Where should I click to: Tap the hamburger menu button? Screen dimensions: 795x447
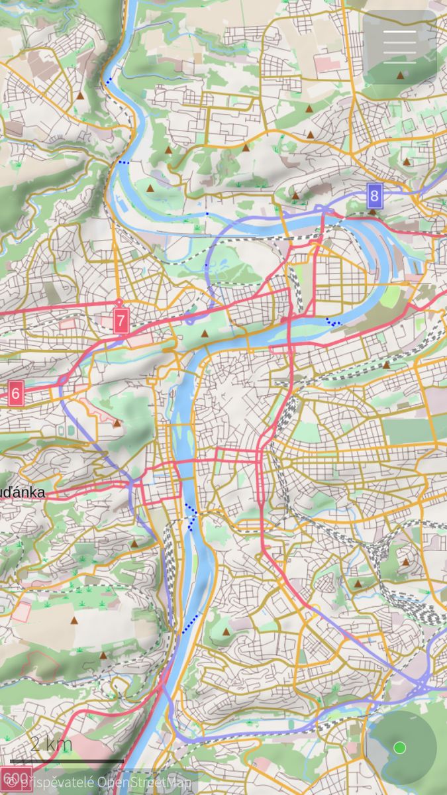tap(399, 46)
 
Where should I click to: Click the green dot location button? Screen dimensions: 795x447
tap(399, 747)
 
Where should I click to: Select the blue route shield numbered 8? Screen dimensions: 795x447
tap(375, 195)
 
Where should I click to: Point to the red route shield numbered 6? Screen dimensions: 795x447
tap(16, 394)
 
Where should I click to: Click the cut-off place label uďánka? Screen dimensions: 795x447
tap(23, 492)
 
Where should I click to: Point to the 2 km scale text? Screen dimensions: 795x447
tap(51, 743)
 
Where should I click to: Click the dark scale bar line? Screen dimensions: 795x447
tap(66, 761)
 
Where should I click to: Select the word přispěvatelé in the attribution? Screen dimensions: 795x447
tap(57, 782)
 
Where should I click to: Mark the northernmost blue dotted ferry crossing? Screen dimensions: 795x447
tap(108, 81)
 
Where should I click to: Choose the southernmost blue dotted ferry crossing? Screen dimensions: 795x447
tap(190, 623)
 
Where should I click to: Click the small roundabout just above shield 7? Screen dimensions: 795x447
tap(120, 302)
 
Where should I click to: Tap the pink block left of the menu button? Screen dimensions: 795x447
tap(327, 64)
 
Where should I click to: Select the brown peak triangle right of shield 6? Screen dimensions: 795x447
tap(117, 422)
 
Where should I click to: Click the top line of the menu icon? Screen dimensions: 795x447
tap(399, 32)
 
